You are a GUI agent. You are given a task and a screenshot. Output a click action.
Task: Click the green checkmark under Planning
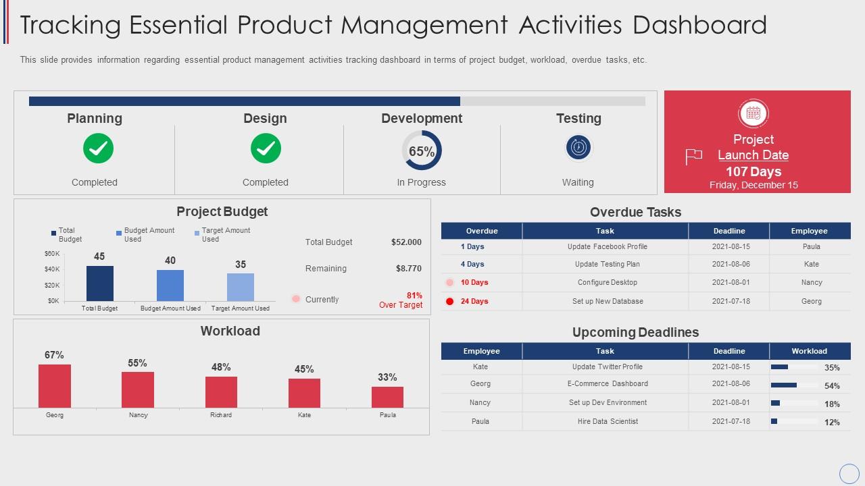pyautogui.click(x=99, y=148)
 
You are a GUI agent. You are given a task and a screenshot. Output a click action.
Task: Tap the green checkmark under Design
pyautogui.click(x=266, y=148)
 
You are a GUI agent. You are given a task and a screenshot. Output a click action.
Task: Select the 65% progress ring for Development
pyautogui.click(x=422, y=151)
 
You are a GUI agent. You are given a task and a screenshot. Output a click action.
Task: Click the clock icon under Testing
pyautogui.click(x=578, y=147)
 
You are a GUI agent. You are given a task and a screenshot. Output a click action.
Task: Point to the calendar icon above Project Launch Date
pyautogui.click(x=753, y=113)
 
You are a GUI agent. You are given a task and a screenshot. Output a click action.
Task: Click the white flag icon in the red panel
pyautogui.click(x=694, y=157)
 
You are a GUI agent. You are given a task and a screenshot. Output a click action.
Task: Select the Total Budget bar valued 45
pyautogui.click(x=100, y=283)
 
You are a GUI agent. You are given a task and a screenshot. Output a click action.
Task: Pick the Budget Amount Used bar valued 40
pyautogui.click(x=170, y=285)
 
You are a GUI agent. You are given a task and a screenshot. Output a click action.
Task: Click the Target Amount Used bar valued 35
pyautogui.click(x=241, y=287)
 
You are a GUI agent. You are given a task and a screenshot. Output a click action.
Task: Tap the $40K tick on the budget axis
pyautogui.click(x=53, y=269)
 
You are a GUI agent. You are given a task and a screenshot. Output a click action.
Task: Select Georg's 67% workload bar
pyautogui.click(x=55, y=385)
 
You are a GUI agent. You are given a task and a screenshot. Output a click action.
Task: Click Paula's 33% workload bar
pyautogui.click(x=387, y=397)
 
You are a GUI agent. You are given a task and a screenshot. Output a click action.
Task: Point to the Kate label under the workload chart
pyautogui.click(x=304, y=415)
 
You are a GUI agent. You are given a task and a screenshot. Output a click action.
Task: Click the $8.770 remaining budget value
pyautogui.click(x=408, y=269)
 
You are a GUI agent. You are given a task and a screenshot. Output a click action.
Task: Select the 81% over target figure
pyautogui.click(x=414, y=296)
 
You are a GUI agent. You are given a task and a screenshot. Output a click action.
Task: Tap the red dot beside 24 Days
pyautogui.click(x=449, y=302)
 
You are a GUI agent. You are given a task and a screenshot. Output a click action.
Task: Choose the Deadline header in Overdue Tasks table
pyautogui.click(x=729, y=231)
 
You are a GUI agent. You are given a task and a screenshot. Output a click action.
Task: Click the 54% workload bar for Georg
pyautogui.click(x=784, y=385)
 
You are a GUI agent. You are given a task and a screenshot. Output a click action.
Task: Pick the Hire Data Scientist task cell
pyautogui.click(x=608, y=421)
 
